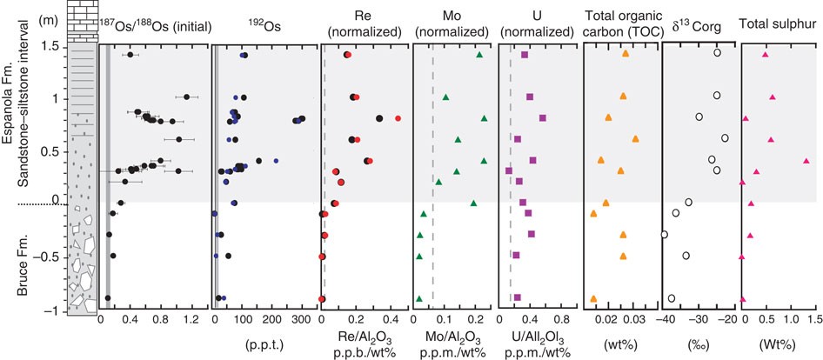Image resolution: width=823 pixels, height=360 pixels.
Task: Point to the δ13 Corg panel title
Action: (x=699, y=29)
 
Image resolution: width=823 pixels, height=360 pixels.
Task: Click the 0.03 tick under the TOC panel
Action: (x=635, y=321)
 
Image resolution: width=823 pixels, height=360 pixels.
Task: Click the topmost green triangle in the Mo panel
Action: (x=479, y=55)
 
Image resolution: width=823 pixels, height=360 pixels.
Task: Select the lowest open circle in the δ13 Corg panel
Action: (x=671, y=297)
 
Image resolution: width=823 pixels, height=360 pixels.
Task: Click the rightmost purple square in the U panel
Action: (x=543, y=118)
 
